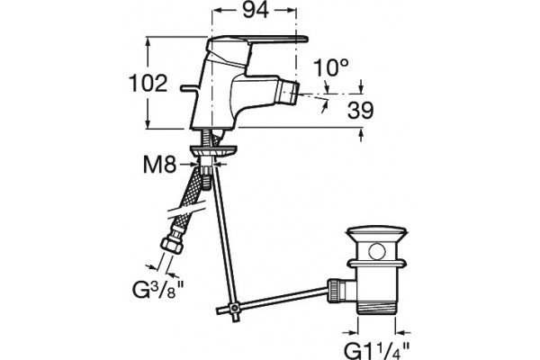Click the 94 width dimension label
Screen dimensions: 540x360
point(256,10)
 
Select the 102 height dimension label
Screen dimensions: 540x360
point(148,84)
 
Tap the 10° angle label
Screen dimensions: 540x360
point(331,67)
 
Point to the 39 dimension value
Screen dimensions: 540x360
point(360,111)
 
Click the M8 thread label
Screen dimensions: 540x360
point(160,165)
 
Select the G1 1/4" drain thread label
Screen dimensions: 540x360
point(377,349)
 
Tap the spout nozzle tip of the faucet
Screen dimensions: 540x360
point(288,93)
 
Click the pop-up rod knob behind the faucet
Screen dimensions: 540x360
point(187,89)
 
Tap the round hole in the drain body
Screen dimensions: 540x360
point(377,251)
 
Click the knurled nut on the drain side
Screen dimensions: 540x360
point(334,290)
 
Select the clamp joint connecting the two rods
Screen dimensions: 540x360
point(235,307)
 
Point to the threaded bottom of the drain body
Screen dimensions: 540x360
point(377,307)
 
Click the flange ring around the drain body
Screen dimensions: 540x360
point(377,265)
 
